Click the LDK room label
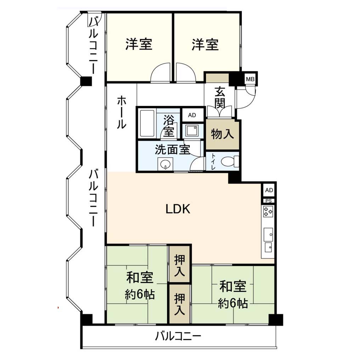(178, 209)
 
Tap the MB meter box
(250, 79)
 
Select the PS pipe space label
(269, 201)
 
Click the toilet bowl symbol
(229, 161)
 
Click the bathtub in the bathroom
(147, 124)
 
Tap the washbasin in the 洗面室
(165, 164)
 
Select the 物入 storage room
(222, 134)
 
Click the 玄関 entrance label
(219, 97)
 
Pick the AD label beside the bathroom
(192, 115)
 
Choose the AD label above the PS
(269, 190)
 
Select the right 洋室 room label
(205, 45)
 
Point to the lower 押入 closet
(180, 304)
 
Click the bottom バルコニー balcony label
(178, 336)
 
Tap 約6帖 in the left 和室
(140, 295)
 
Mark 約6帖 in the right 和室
(233, 303)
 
